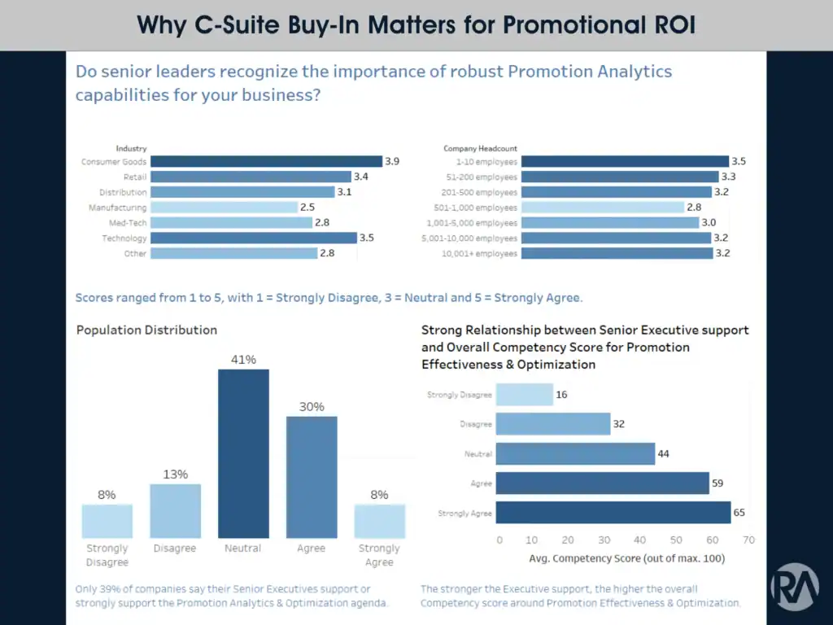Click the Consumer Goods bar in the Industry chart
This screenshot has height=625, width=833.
(x=266, y=162)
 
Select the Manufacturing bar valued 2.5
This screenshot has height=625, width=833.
(x=224, y=208)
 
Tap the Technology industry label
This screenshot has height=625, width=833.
(x=124, y=238)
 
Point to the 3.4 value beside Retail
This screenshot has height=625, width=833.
(x=360, y=177)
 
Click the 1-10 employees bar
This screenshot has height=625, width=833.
(x=625, y=162)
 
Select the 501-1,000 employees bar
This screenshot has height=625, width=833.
(x=603, y=208)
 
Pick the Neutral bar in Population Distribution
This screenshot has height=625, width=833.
(x=243, y=453)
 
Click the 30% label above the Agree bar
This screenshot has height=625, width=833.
(x=312, y=407)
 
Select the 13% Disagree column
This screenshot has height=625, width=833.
(x=175, y=511)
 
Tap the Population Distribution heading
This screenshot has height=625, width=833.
(x=146, y=330)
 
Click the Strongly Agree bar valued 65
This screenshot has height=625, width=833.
(x=613, y=513)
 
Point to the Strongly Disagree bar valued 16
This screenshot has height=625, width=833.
(x=524, y=395)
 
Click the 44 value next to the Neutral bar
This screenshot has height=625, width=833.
(x=663, y=454)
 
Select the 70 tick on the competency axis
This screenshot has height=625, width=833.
(x=748, y=540)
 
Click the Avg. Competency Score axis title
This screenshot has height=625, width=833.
(x=626, y=559)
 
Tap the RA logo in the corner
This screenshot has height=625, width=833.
(x=795, y=586)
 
